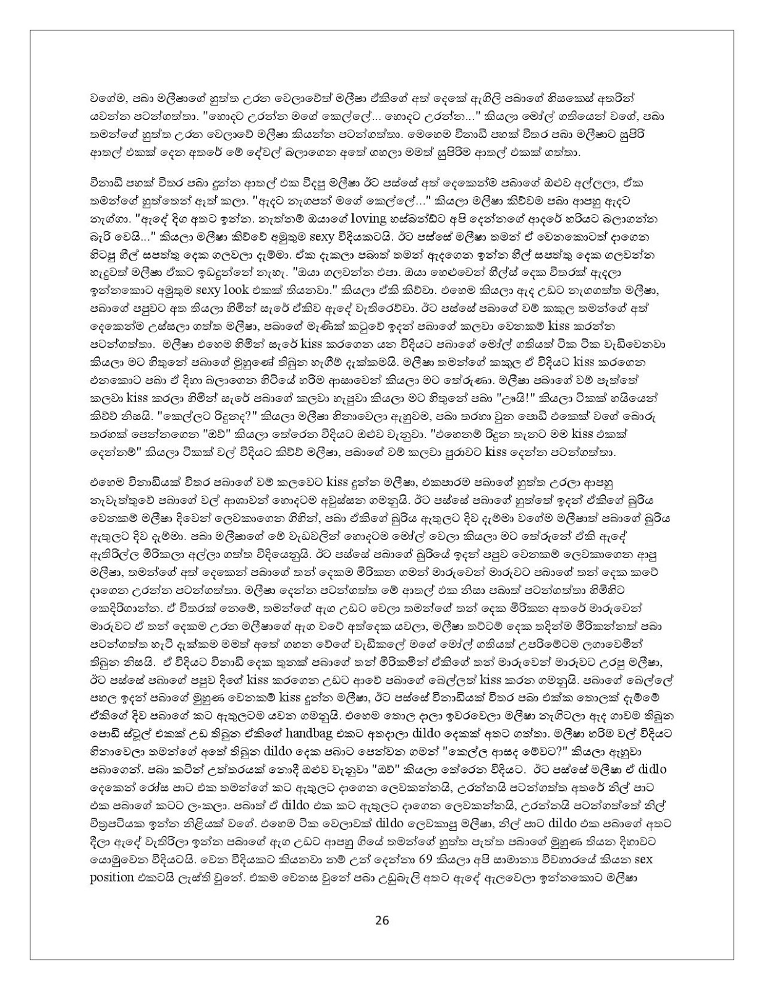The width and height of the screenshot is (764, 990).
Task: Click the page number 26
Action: coord(381,920)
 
